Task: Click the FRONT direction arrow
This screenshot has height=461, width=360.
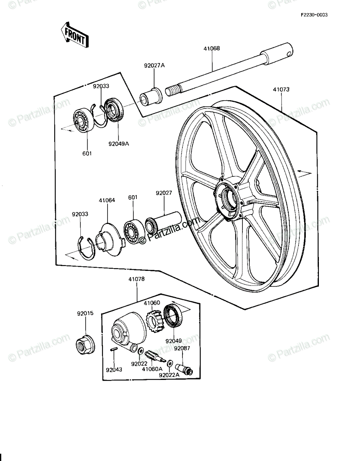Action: [x=75, y=35]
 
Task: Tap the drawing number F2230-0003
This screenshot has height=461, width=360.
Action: [x=314, y=15]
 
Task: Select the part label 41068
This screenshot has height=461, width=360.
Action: [x=212, y=48]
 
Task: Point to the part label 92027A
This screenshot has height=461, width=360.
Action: [x=154, y=66]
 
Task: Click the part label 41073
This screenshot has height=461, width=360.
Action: [x=281, y=90]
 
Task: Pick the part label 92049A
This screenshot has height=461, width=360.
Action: [x=119, y=144]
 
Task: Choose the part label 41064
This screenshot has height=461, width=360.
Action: [x=107, y=200]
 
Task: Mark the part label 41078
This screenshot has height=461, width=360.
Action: [x=136, y=279]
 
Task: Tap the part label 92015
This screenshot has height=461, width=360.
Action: [x=85, y=313]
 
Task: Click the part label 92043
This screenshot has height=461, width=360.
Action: [x=114, y=370]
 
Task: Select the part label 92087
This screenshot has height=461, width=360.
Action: [x=182, y=348]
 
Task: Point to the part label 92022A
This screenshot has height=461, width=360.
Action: [x=169, y=375]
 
